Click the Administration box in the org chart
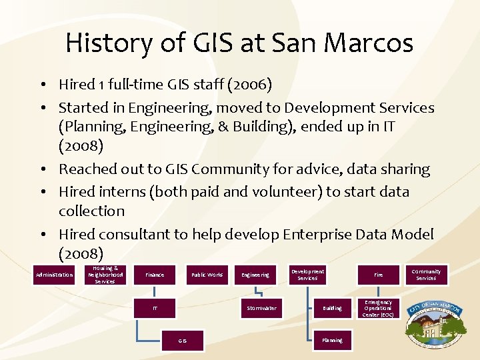click(55, 275)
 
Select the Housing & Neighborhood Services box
click(105, 275)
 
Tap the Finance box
click(155, 275)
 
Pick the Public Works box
click(207, 275)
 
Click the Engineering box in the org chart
click(255, 275)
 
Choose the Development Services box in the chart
click(307, 275)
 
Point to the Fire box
click(378, 275)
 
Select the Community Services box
click(426, 275)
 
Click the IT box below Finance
click(155, 308)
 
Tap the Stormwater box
click(261, 308)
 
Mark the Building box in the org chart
click(332, 308)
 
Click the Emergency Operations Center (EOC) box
click(378, 308)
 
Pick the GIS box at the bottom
click(182, 340)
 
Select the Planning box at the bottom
click(332, 340)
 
